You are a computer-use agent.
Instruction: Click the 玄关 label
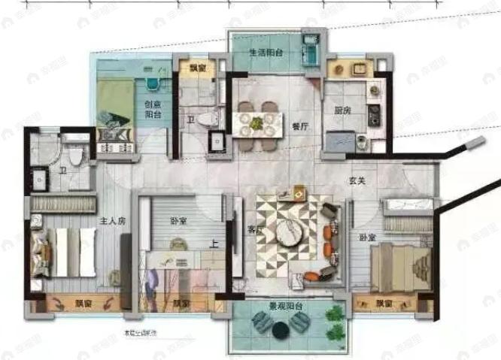tap(358, 180)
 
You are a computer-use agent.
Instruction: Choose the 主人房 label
tap(113, 222)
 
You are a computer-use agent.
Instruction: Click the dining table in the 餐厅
tap(257, 123)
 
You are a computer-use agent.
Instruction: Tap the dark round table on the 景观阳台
tap(280, 331)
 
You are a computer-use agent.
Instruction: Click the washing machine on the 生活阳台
tap(308, 48)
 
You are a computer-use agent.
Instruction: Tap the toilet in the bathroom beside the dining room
tap(214, 118)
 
